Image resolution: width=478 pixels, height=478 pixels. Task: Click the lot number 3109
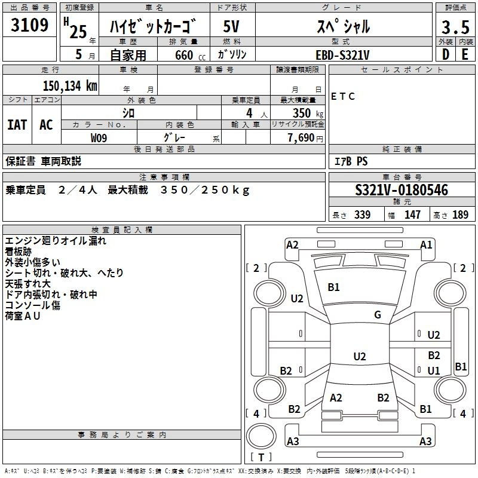point(29,25)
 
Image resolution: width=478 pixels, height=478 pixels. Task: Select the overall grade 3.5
point(455,27)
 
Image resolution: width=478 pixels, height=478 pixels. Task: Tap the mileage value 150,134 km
point(70,86)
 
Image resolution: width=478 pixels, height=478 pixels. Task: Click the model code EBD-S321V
point(342,55)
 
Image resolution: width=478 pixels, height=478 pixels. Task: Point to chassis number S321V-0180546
point(402,190)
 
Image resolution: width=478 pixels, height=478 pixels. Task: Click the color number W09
point(99,138)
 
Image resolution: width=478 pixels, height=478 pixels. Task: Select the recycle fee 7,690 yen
point(305,138)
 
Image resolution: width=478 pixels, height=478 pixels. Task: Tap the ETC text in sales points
point(343,96)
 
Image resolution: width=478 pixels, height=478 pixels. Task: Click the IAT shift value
point(17,125)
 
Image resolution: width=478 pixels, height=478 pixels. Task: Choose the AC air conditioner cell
point(47,125)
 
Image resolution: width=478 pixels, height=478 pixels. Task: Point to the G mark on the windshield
point(378,314)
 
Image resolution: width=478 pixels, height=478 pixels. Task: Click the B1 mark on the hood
point(333,287)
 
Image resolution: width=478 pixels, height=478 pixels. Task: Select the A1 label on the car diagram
point(426,245)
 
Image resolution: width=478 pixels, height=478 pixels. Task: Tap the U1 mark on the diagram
point(434,370)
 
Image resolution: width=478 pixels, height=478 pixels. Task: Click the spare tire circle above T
point(261,436)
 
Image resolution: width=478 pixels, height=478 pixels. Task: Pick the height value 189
point(460,215)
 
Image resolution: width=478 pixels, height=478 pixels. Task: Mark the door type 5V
point(231,26)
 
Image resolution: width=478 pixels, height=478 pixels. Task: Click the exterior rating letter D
point(446,54)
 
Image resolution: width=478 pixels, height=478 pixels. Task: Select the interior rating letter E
point(465,54)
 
